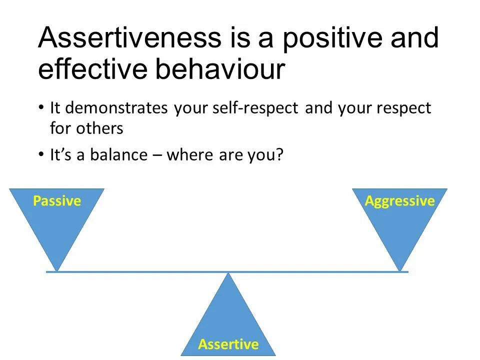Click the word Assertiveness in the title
129,37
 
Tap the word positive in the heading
332,38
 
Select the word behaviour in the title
220,68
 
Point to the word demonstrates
116,108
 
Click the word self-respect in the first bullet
255,108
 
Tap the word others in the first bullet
100,128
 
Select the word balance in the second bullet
119,154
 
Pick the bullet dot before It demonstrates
41,108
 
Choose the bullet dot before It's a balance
41,154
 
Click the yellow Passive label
57,201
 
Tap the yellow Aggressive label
400,201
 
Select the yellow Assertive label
228,344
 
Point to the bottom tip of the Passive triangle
56,271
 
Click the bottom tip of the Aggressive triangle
400,271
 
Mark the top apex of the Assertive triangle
228,273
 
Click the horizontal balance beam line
227,272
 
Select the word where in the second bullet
190,154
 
